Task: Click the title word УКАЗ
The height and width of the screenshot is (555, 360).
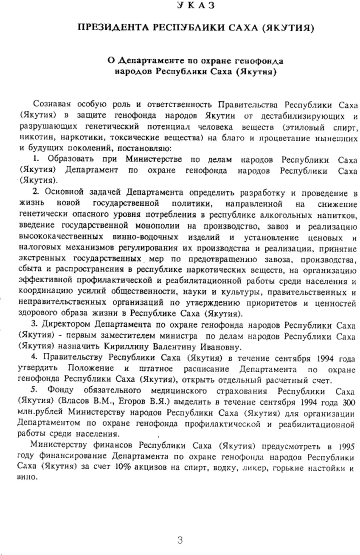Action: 196,5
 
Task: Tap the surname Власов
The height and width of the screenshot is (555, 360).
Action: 77,401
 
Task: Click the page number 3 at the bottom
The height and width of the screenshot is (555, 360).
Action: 180,540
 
